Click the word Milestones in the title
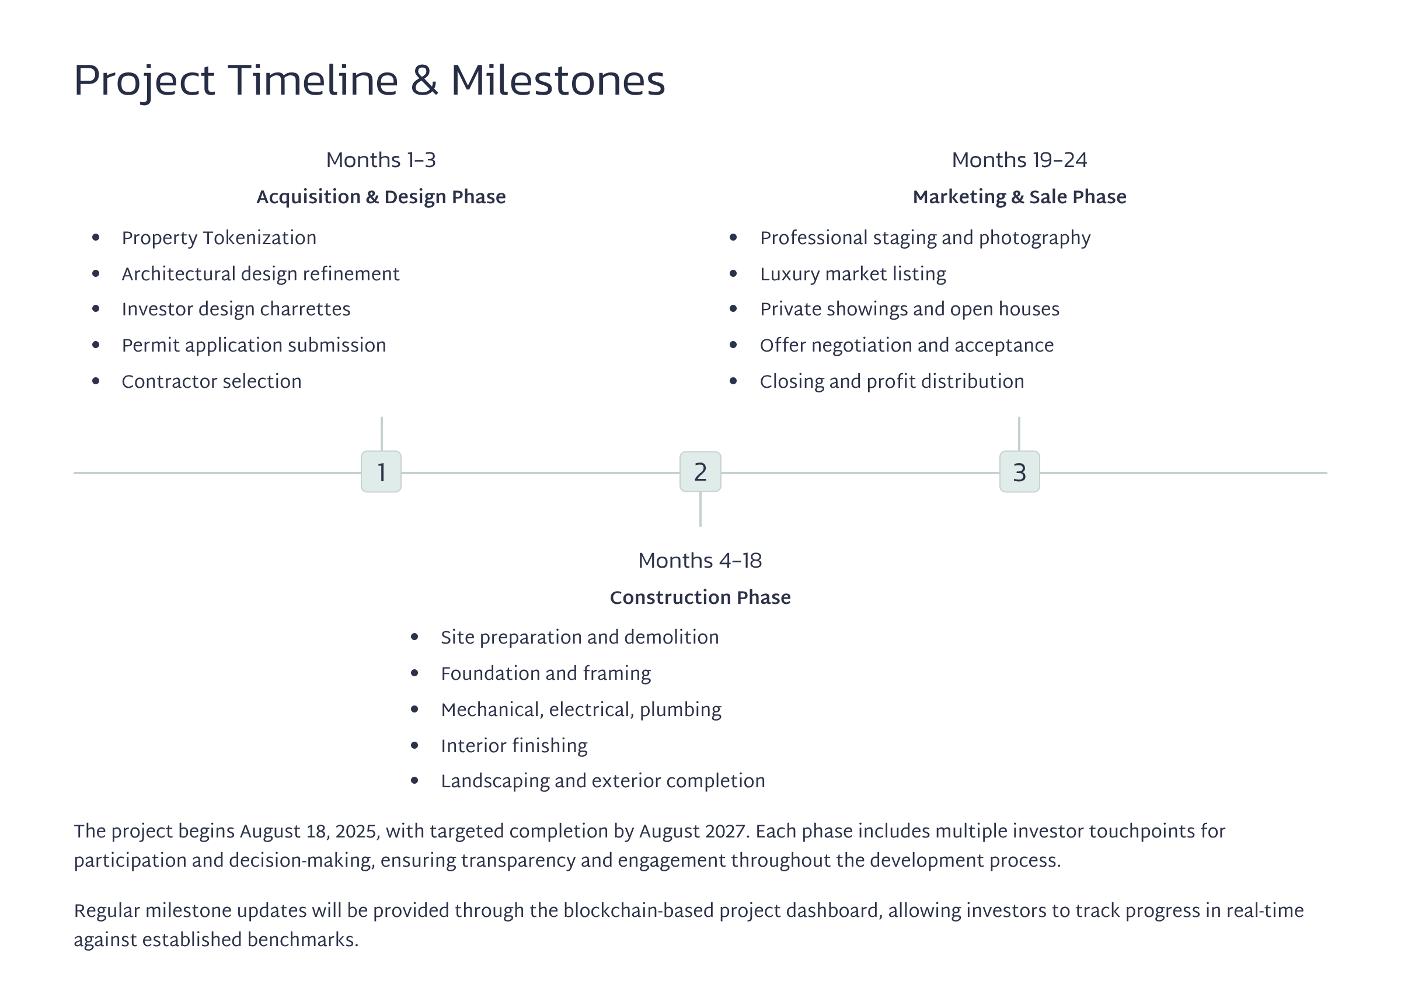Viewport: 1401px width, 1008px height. tap(558, 81)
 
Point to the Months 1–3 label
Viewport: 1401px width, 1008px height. tap(381, 160)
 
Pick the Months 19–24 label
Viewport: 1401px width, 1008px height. tap(1019, 160)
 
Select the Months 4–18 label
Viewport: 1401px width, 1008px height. tap(700, 561)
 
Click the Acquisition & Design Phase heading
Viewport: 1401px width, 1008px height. tap(381, 197)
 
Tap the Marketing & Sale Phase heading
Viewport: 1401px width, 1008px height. tap(1019, 197)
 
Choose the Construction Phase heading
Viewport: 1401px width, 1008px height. tap(700, 597)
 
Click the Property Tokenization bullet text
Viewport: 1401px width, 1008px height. tap(219, 238)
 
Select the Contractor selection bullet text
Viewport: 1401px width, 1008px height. tap(211, 381)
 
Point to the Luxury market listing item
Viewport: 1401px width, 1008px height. tap(852, 274)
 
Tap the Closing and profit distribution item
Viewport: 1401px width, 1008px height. tap(891, 381)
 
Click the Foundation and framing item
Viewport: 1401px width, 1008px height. tap(545, 673)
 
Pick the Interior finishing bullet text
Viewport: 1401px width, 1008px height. tap(514, 745)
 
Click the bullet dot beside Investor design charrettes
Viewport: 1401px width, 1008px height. tap(96, 308)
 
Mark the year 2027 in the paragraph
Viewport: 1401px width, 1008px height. tap(725, 831)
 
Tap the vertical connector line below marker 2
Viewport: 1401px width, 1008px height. tap(700, 509)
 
